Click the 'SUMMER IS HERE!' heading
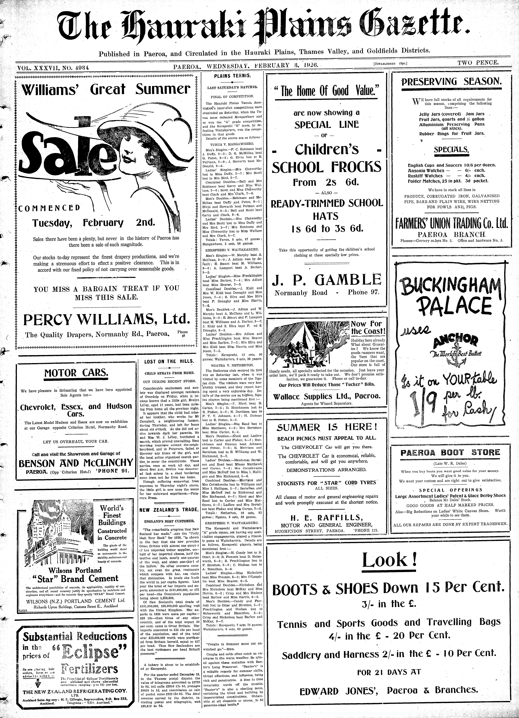(x=327, y=427)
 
